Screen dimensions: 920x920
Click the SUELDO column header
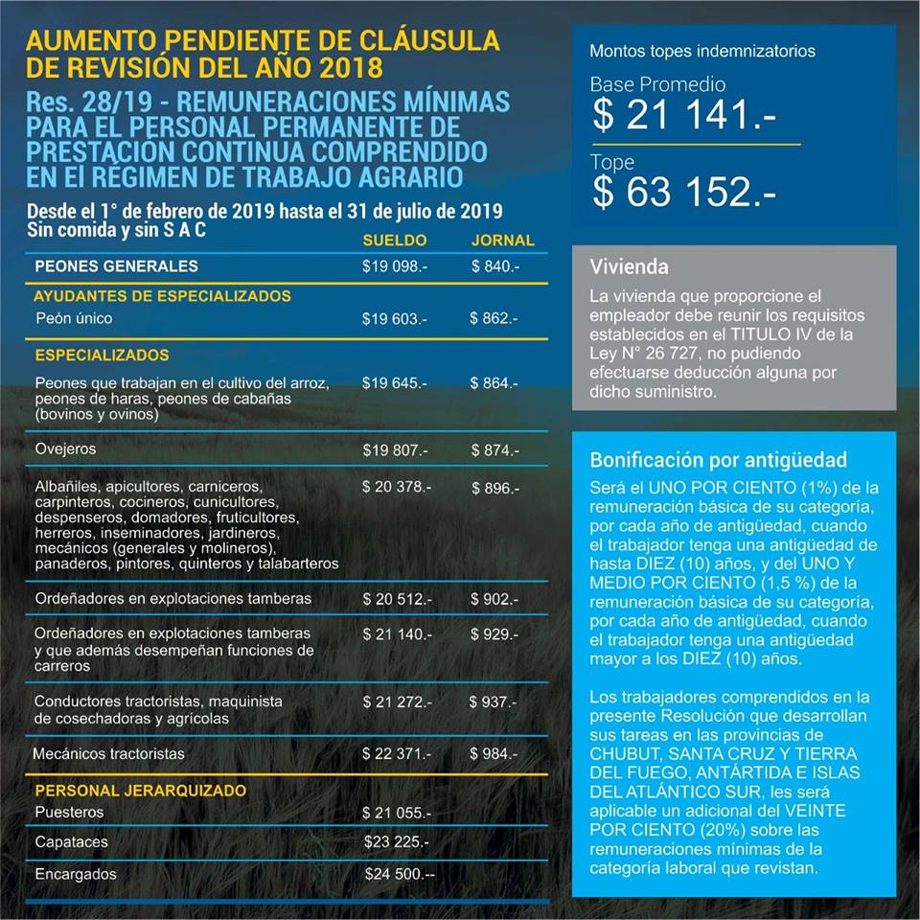[395, 241]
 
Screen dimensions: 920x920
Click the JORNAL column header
[503, 241]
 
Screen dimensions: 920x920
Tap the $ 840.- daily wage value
[495, 266]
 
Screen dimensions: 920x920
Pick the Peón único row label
[74, 317]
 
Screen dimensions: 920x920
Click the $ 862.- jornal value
[494, 318]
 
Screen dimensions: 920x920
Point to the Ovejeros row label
[65, 448]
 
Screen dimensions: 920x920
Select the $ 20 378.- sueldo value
[397, 487]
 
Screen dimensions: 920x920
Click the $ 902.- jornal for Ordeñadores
[495, 599]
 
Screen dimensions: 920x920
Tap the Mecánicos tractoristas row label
[108, 754]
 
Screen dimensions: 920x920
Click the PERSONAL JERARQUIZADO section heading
[141, 791]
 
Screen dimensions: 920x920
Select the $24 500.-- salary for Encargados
[400, 874]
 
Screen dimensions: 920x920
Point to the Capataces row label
[71, 842]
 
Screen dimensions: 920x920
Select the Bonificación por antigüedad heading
[719, 460]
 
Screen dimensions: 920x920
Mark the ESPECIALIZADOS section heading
[102, 356]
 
